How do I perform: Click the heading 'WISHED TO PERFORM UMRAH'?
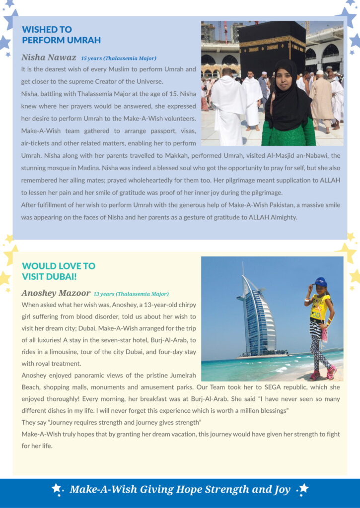(61, 35)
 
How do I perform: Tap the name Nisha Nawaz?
(49, 58)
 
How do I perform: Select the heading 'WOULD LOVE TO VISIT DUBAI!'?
(59, 271)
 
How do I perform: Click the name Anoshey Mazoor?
(56, 293)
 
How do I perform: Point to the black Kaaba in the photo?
(271, 47)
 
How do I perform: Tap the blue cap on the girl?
(321, 282)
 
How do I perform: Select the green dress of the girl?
(289, 134)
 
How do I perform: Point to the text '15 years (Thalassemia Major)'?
(119, 59)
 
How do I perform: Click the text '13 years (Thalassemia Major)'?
(131, 294)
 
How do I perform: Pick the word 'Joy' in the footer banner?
(282, 490)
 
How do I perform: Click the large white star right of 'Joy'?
(303, 488)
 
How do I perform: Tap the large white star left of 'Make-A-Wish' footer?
(56, 488)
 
